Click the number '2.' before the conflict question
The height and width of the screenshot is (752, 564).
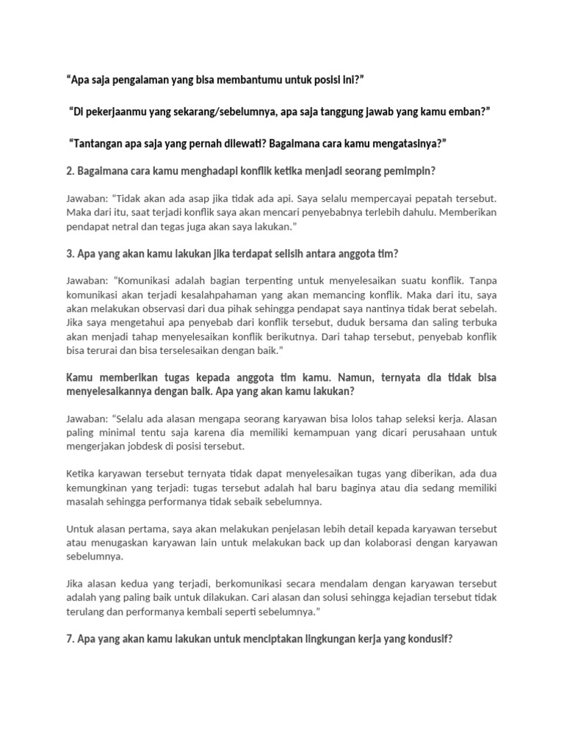click(x=70, y=172)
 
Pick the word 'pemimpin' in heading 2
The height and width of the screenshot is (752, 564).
click(x=407, y=172)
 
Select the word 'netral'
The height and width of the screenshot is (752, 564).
click(x=153, y=227)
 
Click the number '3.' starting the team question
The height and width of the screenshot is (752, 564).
click(x=70, y=255)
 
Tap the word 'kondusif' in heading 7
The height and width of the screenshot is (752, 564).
click(x=427, y=639)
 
